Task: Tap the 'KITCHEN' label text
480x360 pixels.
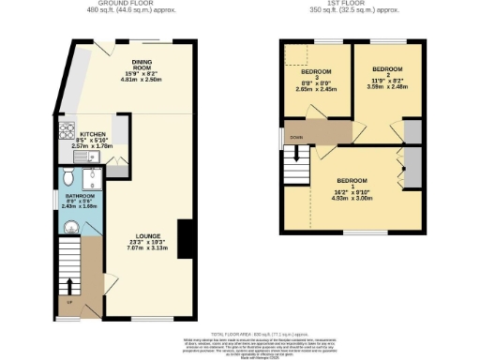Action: (93, 135)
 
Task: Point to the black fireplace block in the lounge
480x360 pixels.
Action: (184, 237)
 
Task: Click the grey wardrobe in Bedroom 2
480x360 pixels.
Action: (412, 131)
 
